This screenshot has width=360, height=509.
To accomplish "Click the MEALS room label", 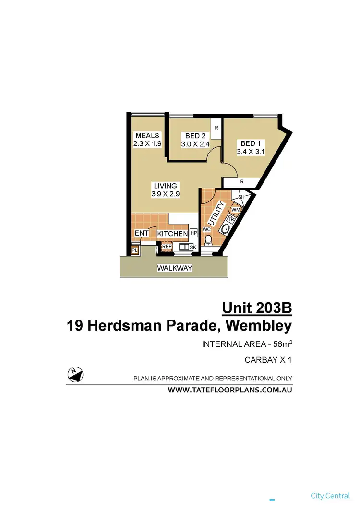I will click(147, 135).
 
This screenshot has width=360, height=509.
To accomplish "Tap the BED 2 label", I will click(195, 136).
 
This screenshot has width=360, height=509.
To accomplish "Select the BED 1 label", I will click(251, 143).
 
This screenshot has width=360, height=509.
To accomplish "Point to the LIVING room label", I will click(165, 186).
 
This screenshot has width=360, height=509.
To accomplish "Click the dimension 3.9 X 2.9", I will click(165, 194).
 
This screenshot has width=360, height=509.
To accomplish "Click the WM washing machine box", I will click(236, 210).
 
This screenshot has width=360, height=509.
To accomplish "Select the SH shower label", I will click(241, 197).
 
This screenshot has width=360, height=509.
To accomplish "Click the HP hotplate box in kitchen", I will click(193, 233).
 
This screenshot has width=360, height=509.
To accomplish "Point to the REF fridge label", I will click(167, 247).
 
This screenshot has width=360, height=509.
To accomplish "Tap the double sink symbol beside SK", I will click(184, 247).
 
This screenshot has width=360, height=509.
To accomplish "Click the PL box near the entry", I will click(135, 250).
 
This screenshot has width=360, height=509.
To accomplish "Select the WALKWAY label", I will click(175, 268).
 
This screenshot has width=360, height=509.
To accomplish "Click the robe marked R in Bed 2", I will click(216, 128).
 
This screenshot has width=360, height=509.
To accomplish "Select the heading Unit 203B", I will click(257, 307).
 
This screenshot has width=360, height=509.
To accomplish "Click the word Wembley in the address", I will click(259, 326).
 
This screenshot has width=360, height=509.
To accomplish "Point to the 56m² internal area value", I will click(281, 344).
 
